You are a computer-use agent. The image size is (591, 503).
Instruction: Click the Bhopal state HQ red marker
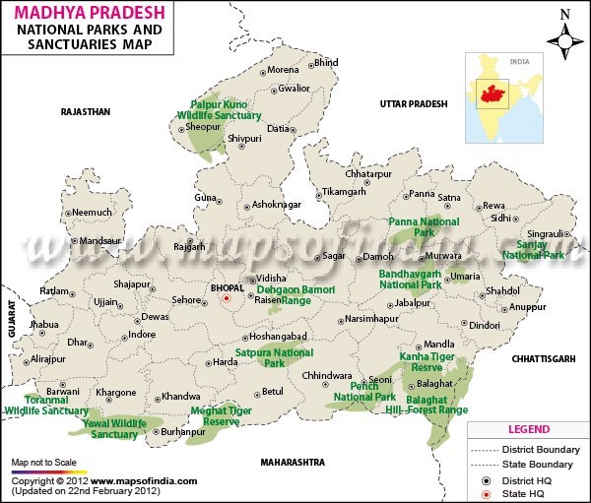pos(226,297)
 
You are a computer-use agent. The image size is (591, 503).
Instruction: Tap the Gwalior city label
pos(294,88)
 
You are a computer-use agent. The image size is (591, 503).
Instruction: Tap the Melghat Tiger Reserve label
pos(221,415)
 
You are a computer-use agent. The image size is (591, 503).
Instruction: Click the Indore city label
pos(142,334)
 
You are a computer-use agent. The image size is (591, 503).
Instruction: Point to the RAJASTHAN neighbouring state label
pos(86,112)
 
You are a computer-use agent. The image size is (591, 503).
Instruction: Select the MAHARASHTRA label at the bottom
pos(293,462)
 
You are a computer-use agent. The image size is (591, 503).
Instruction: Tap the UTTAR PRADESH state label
pos(414,103)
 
